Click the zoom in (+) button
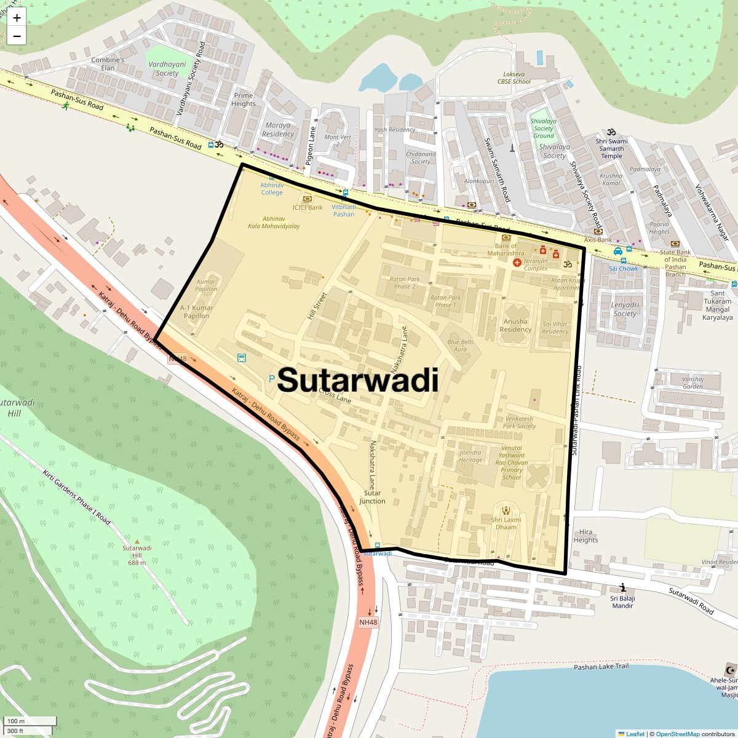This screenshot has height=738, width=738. click(17, 18)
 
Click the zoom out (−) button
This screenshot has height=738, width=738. click(17, 36)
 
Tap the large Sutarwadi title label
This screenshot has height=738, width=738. click(358, 380)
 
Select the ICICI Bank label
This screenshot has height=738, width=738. click(307, 207)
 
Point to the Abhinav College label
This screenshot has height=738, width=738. click(272, 189)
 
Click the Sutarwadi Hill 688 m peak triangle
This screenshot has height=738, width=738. click(137, 539)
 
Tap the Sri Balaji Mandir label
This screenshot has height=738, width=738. click(622, 601)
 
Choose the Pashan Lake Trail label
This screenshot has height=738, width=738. click(601, 667)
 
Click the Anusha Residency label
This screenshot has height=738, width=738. click(515, 325)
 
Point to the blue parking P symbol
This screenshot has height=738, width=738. click(272, 379)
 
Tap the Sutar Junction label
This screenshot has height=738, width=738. click(372, 497)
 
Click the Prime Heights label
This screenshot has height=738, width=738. click(244, 100)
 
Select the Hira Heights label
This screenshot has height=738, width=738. click(585, 536)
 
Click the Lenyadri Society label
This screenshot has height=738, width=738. click(625, 309)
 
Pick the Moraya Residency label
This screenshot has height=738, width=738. click(278, 130)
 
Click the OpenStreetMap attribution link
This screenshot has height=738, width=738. click(677, 734)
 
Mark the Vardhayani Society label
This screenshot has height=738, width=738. click(167, 68)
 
